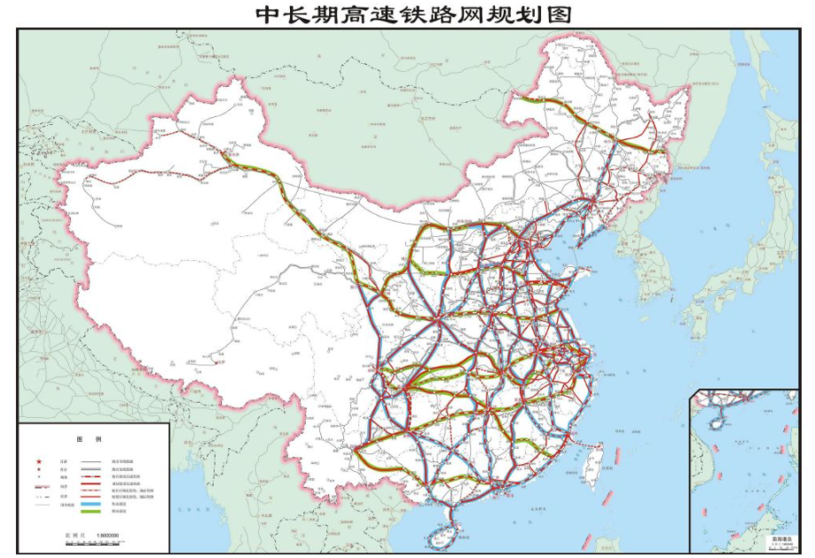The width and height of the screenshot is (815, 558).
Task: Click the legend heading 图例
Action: (x=90, y=439)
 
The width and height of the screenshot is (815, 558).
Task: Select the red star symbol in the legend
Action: (x=38, y=462)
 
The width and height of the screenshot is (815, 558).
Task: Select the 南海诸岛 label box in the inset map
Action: (x=780, y=540)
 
